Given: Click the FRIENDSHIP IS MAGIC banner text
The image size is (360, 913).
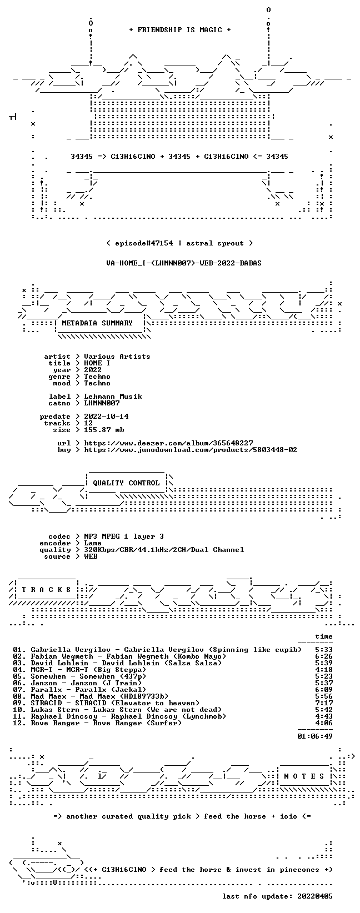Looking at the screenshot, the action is [x=180, y=30].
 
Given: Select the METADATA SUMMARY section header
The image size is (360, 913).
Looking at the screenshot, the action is [x=97, y=323].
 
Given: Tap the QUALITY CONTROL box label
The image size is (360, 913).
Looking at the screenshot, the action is [x=126, y=483].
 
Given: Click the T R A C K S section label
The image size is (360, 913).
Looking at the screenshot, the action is [x=46, y=589].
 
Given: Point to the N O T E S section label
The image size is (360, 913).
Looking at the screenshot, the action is [x=304, y=776].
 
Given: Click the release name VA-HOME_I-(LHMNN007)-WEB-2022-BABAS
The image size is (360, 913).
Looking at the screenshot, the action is [x=183, y=263].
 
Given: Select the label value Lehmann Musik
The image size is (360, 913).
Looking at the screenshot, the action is [x=113, y=396].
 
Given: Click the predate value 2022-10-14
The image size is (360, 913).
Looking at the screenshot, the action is [x=107, y=416].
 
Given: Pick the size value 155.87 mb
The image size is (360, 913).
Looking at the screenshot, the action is [x=104, y=430].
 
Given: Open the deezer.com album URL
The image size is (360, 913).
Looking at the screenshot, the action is [x=168, y=443].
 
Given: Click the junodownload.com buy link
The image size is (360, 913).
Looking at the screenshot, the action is [x=191, y=450].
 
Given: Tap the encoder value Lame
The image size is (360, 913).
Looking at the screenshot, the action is [x=93, y=543].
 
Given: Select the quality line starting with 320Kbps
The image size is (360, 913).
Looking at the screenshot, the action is [x=164, y=550].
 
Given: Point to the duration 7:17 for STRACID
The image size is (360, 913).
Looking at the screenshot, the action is [x=324, y=703].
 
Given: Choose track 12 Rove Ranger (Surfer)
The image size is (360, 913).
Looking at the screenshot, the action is [x=97, y=723].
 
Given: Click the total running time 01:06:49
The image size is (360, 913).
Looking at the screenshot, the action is [x=315, y=736].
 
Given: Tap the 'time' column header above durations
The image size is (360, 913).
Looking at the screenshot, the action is [x=324, y=636].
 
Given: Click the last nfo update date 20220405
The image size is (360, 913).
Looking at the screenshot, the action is [x=315, y=896].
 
